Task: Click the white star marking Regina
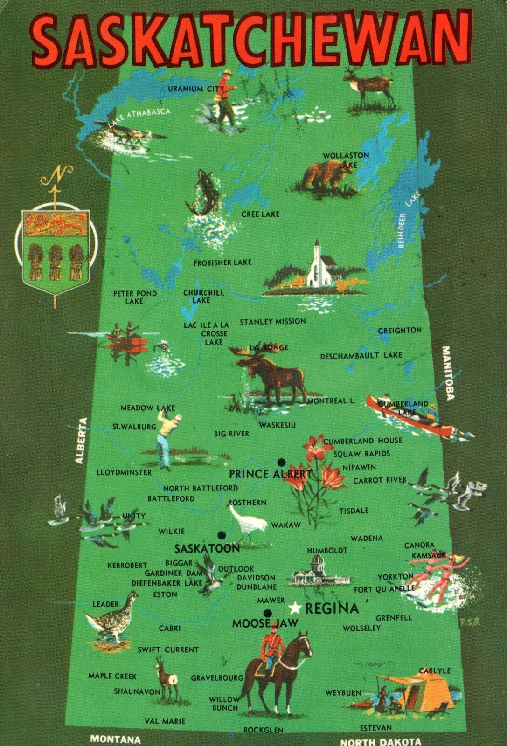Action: coord(295,608)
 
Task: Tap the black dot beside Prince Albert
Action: coord(281,462)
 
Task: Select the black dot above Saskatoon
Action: coord(221,534)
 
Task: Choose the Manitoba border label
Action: coord(448,373)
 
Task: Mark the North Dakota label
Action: coord(380,741)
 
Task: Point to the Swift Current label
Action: coord(168,649)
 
